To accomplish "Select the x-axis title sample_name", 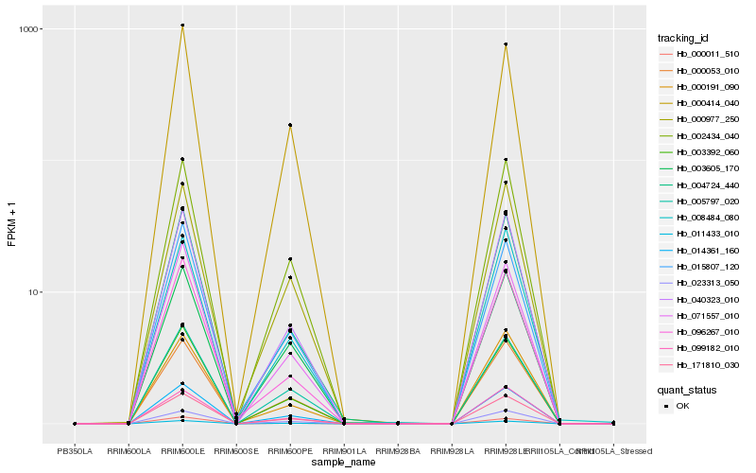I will coord(344,462).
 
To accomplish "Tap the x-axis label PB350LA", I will coord(75,450).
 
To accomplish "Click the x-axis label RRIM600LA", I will coord(129,450).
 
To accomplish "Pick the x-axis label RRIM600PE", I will coord(290,450).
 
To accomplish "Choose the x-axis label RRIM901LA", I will coord(344,450).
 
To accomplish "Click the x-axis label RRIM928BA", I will coord(398,450).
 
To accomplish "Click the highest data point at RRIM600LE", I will coord(182,26).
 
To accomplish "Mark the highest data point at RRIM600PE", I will coord(290,125).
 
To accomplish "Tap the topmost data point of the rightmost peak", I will coord(506,44).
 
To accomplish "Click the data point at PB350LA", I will coord(75,424).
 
